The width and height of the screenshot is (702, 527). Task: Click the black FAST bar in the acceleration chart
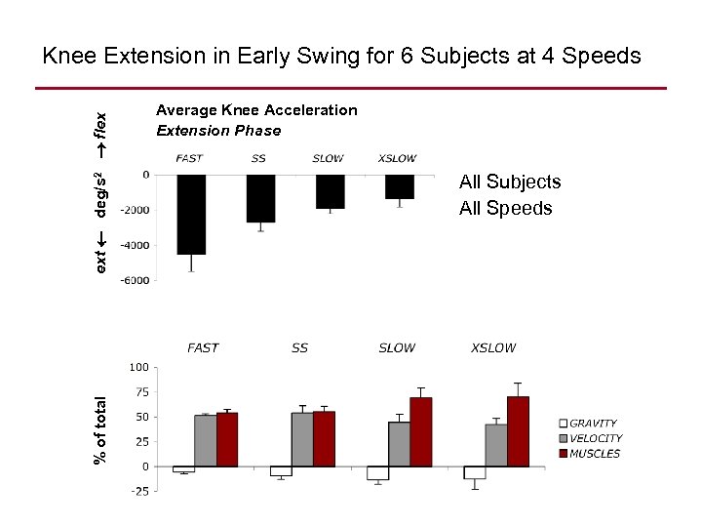(x=191, y=214)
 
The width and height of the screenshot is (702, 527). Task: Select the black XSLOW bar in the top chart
(x=400, y=186)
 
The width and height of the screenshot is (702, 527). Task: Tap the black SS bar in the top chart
(x=260, y=198)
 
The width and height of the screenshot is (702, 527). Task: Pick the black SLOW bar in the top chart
(x=330, y=191)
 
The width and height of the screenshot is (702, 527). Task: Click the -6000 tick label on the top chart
(x=136, y=280)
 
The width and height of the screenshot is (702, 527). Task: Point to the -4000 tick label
(x=136, y=245)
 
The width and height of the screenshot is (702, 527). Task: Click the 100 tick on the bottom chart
(x=138, y=368)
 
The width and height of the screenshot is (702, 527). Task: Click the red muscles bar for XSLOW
(x=518, y=431)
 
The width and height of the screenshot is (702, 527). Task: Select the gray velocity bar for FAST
(x=206, y=440)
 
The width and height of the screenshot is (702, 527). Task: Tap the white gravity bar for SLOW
(x=377, y=473)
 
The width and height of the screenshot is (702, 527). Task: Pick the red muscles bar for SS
(x=324, y=438)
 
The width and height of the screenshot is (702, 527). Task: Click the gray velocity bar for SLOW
(x=399, y=444)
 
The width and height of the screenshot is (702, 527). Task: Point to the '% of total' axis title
(x=100, y=428)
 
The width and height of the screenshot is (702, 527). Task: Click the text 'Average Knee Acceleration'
(x=256, y=110)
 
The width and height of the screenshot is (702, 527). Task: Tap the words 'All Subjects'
(x=510, y=182)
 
